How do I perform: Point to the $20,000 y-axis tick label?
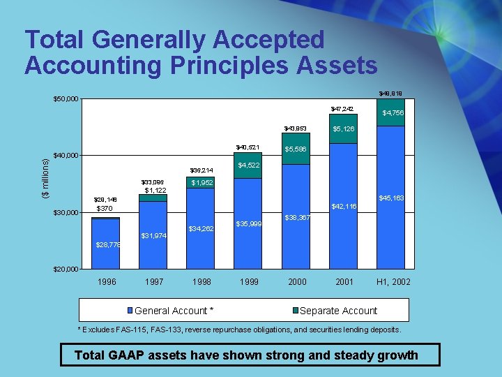[67, 269]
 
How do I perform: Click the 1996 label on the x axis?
[107, 282]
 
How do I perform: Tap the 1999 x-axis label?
[249, 282]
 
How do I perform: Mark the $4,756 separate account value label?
[393, 113]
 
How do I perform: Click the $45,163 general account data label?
[392, 199]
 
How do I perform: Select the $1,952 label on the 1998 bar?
[201, 183]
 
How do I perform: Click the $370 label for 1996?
[105, 209]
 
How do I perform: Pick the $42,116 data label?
[344, 207]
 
